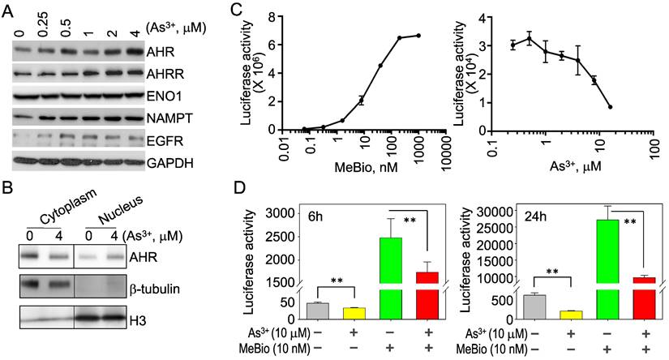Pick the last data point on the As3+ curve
pyautogui.click(x=610, y=107)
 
